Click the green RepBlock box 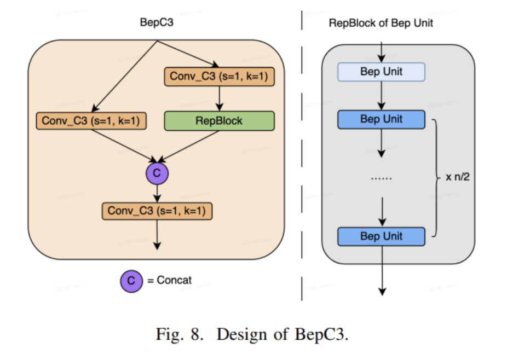(219, 121)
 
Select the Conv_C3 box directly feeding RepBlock (219, 77)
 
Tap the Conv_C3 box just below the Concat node (157, 211)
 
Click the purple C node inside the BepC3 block (157, 173)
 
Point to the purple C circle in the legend (131, 281)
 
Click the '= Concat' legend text (170, 281)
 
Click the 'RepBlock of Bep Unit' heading (381, 23)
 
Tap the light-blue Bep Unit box (381, 72)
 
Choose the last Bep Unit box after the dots (381, 236)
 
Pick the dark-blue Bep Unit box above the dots (381, 119)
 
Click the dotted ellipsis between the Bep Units (381, 178)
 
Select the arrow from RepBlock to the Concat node (192, 148)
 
